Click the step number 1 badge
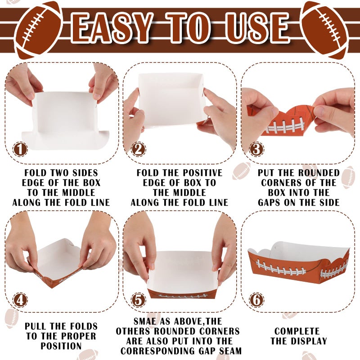(20, 149)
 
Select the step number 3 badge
(256, 149)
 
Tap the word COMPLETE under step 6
(297, 331)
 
